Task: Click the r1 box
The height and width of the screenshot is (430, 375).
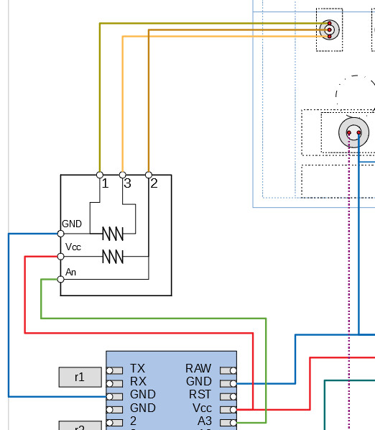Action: coord(79,376)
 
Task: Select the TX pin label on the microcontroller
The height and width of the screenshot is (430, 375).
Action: coord(138,369)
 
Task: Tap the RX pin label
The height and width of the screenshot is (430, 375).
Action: coord(138,382)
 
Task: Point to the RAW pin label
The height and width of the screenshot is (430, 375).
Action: coord(198,369)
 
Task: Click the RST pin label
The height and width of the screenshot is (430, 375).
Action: coord(200,395)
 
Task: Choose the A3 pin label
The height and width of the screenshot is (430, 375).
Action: coord(205,421)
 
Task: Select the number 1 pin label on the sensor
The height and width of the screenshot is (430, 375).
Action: coord(105,183)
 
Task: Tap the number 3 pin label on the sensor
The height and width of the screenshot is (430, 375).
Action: coord(127,183)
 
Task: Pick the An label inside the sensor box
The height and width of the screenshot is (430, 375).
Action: coord(70,272)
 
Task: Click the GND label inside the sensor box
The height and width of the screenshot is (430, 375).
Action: coord(72,224)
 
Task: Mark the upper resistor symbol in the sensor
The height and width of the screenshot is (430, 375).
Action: coord(113,234)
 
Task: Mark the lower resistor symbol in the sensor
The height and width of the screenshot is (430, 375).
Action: coord(113,256)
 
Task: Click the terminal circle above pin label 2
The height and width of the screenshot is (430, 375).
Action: coord(149,175)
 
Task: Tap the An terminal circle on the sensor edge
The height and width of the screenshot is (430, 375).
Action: coord(60,280)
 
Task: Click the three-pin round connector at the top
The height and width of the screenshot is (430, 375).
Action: coord(329,29)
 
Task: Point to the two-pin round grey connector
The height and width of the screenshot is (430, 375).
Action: coord(353,132)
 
